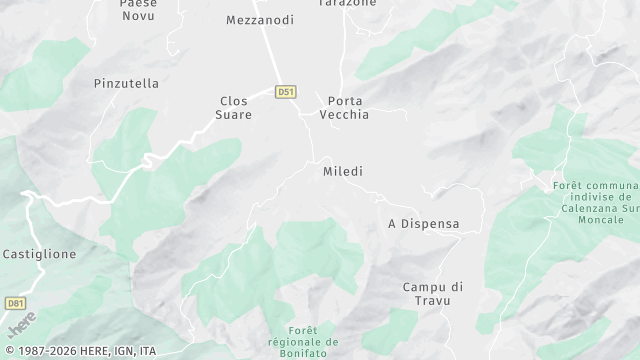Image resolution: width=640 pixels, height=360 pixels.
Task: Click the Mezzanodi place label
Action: (x=260, y=20)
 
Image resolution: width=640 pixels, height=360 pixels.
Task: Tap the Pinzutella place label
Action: (x=126, y=84)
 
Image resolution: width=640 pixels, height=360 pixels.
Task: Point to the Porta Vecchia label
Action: (x=344, y=108)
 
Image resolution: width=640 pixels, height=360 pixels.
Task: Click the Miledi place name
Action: (x=343, y=172)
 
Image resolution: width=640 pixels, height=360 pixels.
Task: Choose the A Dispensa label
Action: (x=424, y=224)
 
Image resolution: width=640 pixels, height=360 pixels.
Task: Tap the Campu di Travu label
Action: (x=434, y=294)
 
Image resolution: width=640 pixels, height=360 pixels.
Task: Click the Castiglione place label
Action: (x=40, y=255)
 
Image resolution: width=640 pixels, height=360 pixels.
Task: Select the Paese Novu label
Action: (x=138, y=9)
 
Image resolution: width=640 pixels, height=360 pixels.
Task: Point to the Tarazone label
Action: (x=347, y=4)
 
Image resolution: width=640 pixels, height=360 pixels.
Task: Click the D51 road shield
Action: (x=287, y=92)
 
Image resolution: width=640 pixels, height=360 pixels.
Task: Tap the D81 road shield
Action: (x=15, y=303)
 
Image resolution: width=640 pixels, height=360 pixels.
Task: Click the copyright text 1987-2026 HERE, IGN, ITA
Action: (x=79, y=351)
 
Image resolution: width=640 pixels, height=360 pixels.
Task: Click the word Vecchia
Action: (x=344, y=115)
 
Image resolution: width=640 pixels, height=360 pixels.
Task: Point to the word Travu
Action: (x=434, y=301)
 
